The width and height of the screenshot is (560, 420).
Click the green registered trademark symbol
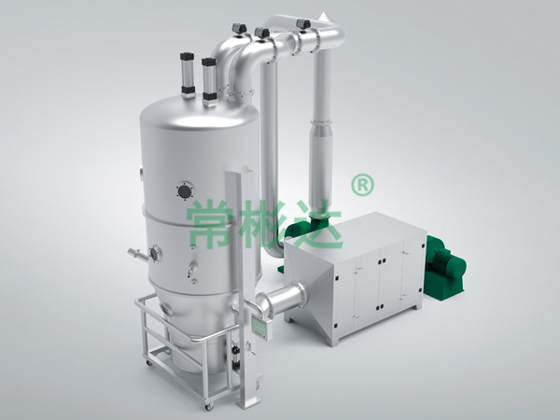tap(362, 185)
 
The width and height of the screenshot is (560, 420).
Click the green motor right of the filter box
tap(445, 267)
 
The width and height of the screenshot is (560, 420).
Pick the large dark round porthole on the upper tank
tap(185, 191)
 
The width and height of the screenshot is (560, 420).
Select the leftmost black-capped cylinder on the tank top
tap(188, 76)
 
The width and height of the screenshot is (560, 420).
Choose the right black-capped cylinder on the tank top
tap(209, 81)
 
